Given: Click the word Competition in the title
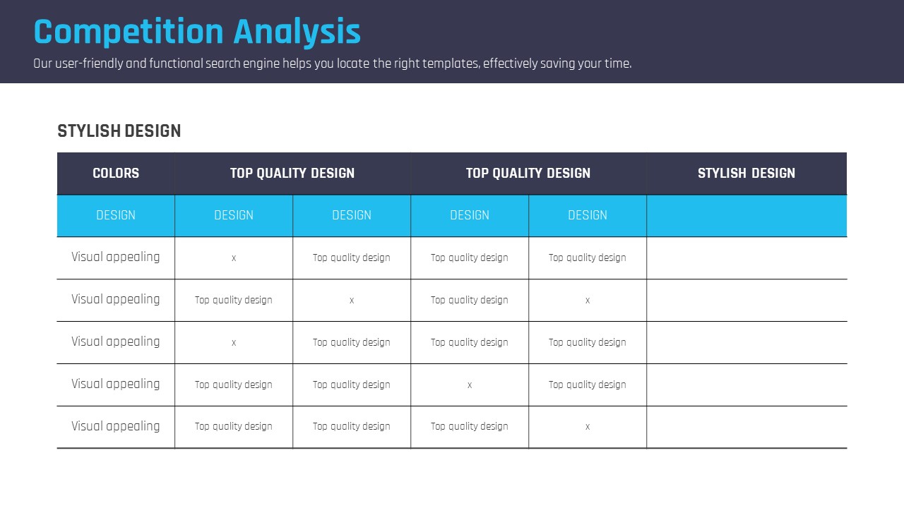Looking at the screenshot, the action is point(129,32).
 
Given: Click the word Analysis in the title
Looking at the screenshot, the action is point(297,32).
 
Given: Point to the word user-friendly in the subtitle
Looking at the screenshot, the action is point(89,64).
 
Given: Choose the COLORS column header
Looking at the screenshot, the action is point(116,174).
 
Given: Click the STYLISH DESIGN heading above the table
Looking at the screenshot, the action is point(119,131).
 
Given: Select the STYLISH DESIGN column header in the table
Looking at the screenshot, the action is point(747,174).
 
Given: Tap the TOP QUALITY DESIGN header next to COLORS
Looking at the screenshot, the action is point(292,174).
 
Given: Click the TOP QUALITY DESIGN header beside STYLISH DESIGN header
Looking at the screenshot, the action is point(528,174).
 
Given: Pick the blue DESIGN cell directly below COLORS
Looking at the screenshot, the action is point(116,216).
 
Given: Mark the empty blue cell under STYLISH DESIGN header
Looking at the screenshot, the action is point(747,216).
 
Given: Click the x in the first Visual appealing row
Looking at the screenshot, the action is point(234,258).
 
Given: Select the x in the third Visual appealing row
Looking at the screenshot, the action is point(234,343).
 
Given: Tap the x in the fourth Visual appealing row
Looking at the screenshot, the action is point(470,385).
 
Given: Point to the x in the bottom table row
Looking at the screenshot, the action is point(588,427).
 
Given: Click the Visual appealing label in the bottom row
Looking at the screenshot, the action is point(116,427).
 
